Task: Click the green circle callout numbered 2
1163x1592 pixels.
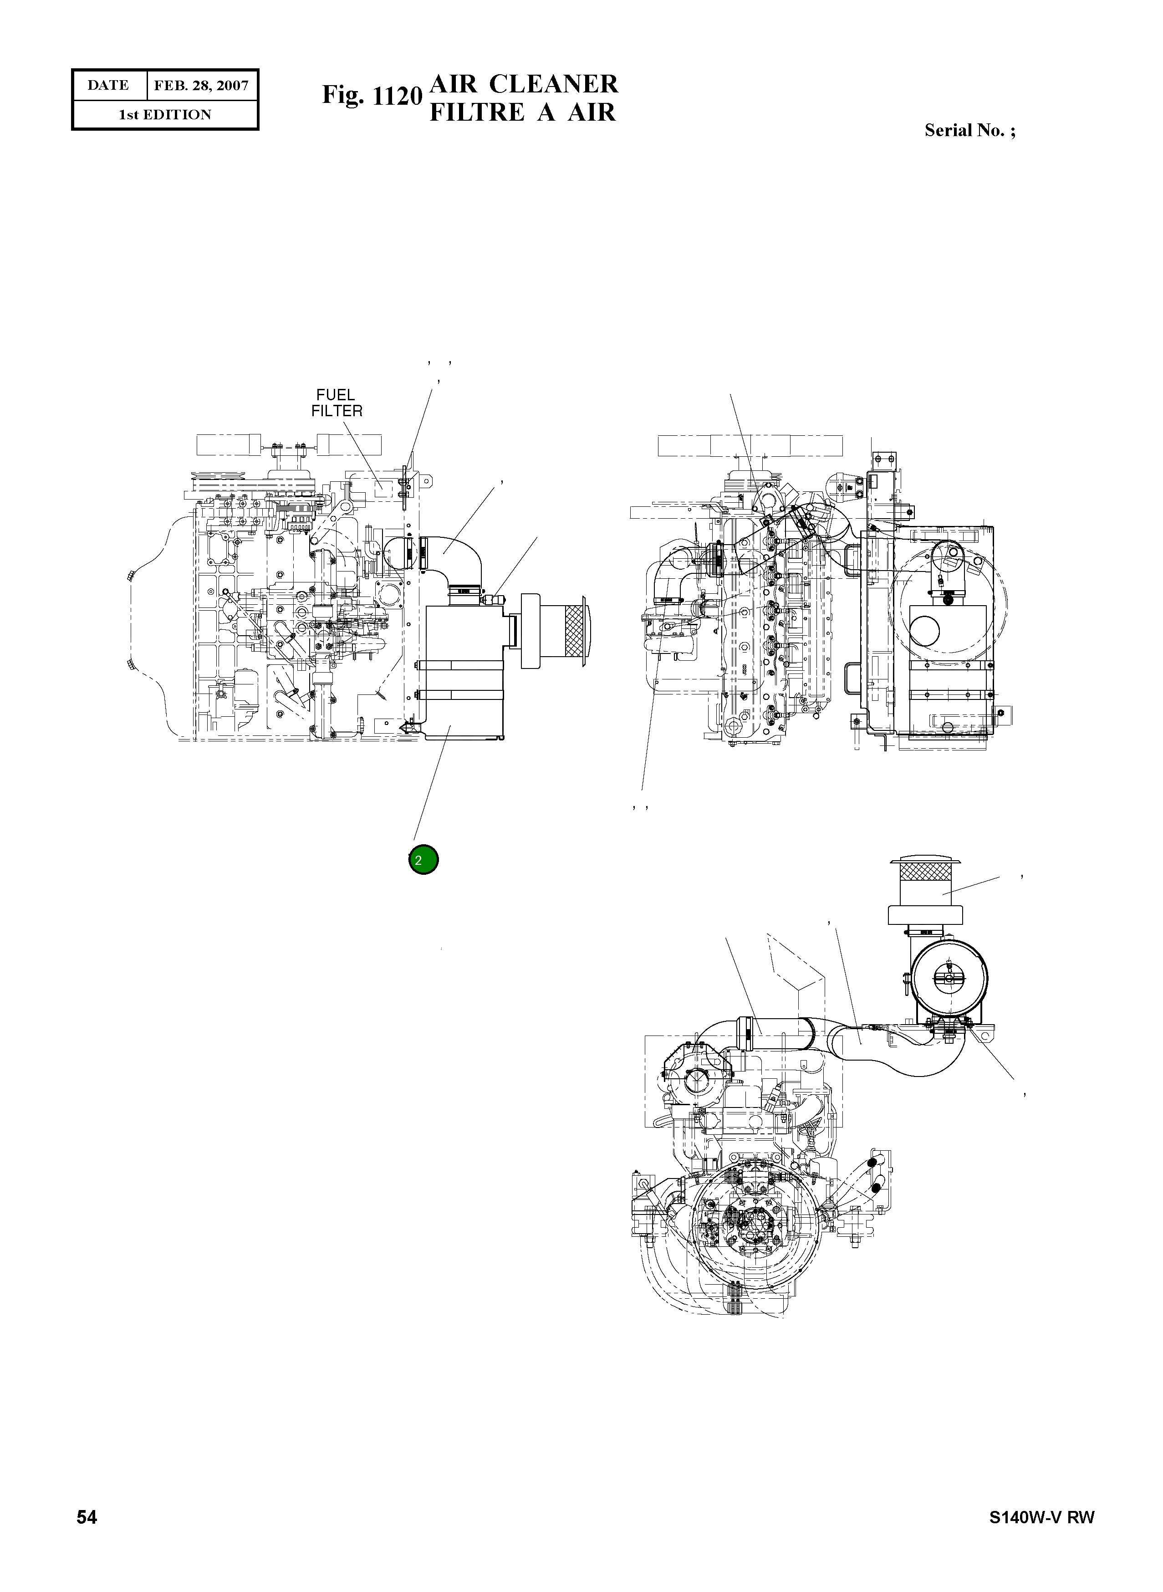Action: [423, 860]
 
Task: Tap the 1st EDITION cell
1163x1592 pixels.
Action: [165, 115]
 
